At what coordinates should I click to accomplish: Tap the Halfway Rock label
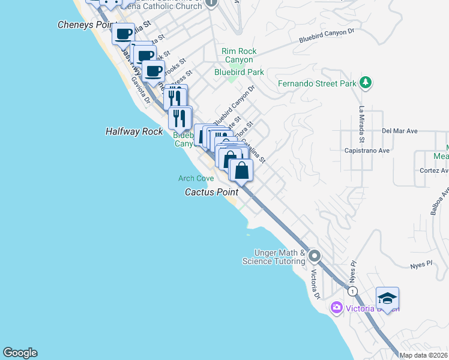[134, 131]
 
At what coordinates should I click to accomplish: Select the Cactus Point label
[211, 192]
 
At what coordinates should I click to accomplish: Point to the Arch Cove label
[196, 178]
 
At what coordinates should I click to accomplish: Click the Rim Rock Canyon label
[239, 55]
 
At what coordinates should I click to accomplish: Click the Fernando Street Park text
[318, 83]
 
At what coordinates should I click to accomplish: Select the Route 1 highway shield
[353, 291]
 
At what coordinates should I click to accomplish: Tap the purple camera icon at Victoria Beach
[336, 308]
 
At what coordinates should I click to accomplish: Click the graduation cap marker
[387, 298]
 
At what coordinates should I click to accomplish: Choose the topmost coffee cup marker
[124, 34]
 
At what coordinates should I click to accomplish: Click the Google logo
[20, 353]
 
